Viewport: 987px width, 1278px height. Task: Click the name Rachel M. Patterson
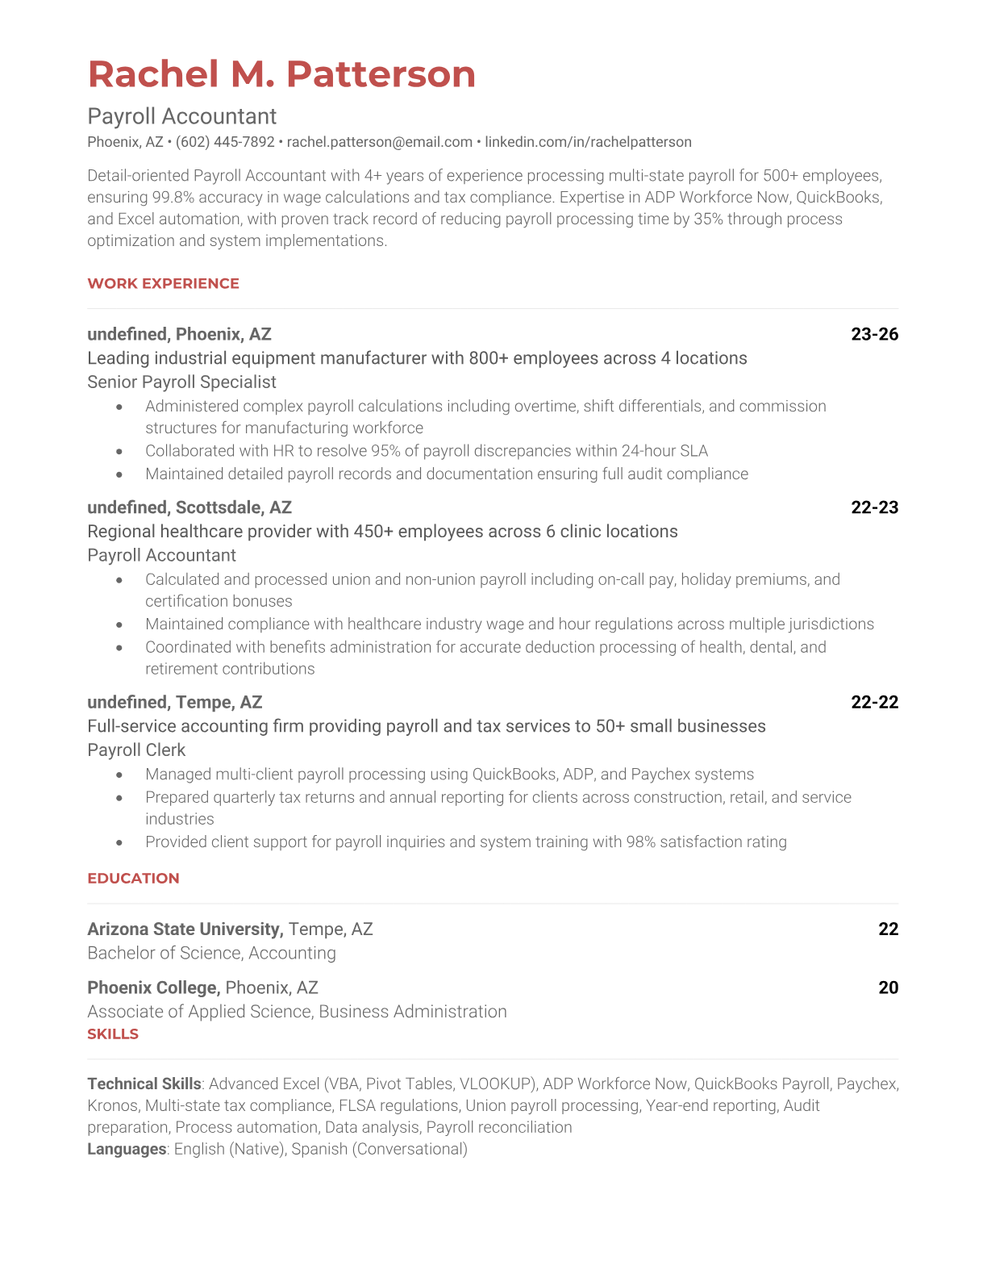click(281, 74)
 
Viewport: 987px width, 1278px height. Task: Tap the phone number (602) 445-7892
click(225, 142)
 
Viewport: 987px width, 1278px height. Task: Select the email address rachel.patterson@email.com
click(379, 142)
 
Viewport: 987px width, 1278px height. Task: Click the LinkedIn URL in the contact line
click(588, 142)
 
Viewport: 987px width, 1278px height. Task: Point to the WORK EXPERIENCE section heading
click(163, 283)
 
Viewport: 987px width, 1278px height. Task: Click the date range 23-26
click(874, 334)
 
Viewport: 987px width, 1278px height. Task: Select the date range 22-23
click(874, 507)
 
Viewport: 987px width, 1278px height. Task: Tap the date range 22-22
click(874, 702)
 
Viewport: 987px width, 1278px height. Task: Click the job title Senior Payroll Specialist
click(181, 382)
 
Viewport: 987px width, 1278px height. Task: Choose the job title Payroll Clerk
click(136, 750)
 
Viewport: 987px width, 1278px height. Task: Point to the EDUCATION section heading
click(133, 878)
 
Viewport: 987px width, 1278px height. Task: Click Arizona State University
click(185, 929)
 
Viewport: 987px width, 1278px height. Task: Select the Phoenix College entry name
click(152, 988)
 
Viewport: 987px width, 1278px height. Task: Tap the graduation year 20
click(888, 988)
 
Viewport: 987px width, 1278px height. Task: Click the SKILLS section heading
click(113, 1034)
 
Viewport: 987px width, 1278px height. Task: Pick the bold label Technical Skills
click(144, 1084)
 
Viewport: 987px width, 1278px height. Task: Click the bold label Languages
click(127, 1149)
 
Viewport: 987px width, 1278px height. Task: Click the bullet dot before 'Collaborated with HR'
click(119, 451)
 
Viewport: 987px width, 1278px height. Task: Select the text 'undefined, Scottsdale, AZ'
click(189, 507)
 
